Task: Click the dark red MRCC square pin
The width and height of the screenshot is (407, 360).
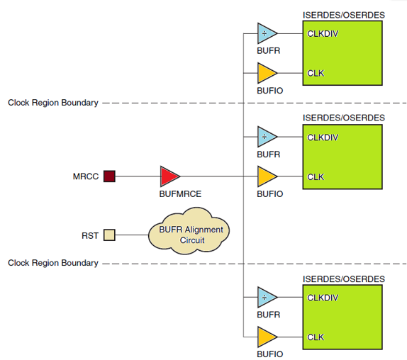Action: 109,176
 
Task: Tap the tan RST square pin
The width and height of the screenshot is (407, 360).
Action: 109,235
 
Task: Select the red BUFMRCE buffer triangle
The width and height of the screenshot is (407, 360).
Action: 169,176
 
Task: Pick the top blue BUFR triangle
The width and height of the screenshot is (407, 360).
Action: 266,33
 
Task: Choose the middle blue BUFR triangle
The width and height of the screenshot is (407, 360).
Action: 266,135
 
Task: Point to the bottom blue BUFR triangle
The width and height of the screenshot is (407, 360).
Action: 266,297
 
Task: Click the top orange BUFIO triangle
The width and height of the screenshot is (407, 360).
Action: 266,73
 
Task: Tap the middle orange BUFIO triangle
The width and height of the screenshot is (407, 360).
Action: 266,176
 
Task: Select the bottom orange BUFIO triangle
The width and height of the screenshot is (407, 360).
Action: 266,337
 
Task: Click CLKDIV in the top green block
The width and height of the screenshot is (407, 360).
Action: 323,33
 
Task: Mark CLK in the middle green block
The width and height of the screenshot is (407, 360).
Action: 316,176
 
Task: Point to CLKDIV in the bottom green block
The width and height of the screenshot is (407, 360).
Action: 323,298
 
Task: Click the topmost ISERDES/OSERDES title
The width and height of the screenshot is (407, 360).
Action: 343,14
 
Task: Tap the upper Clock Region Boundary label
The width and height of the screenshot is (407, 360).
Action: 53,103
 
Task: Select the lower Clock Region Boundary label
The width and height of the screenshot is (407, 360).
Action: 53,263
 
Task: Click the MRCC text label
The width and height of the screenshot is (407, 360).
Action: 86,176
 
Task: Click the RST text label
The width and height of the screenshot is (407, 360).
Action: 90,235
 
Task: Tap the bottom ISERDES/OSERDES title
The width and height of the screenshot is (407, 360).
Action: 343,279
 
